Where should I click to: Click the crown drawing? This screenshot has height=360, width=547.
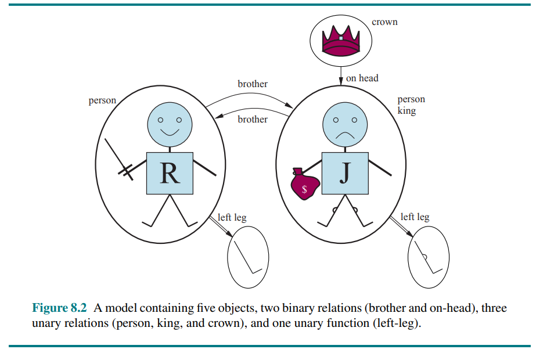[x=340, y=41]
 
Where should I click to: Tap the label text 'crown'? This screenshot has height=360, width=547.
[x=384, y=22]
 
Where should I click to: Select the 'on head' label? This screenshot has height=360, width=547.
[x=362, y=78]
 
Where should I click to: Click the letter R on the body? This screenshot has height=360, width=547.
[x=170, y=174]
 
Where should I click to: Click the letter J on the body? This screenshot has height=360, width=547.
[x=345, y=174]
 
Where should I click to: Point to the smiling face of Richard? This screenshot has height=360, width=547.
[x=170, y=124]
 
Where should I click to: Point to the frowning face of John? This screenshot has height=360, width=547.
[x=345, y=124]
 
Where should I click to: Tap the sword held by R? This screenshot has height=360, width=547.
[x=119, y=160]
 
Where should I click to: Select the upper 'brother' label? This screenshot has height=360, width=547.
[x=253, y=84]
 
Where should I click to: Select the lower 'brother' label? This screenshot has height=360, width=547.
[x=253, y=119]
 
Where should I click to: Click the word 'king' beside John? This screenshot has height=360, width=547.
[x=406, y=111]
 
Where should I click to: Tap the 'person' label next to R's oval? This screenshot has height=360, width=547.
[x=102, y=100]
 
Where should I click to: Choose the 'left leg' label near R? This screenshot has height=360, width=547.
[x=232, y=217]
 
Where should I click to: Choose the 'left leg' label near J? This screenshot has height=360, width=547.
[x=415, y=217]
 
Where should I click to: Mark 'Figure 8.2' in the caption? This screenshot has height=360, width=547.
[x=59, y=308]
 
